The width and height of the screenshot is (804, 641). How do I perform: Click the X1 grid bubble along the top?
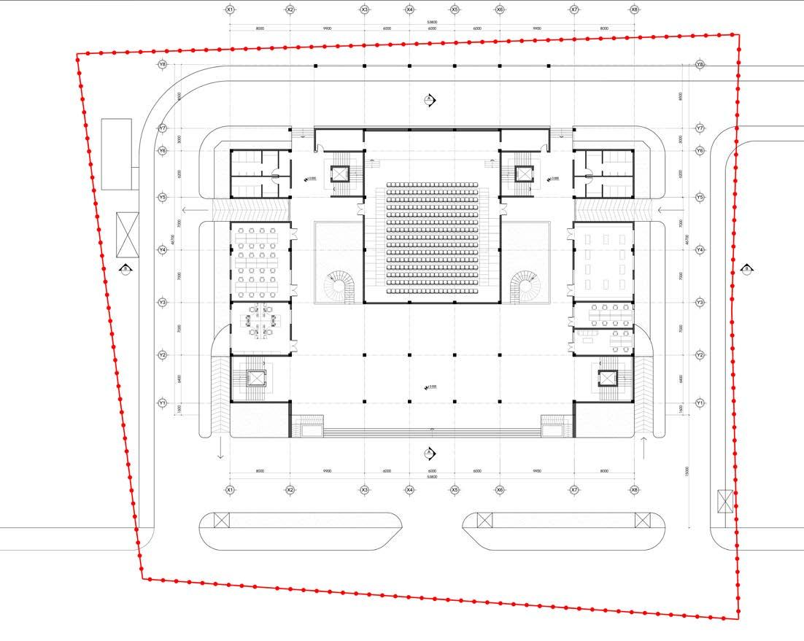(230, 10)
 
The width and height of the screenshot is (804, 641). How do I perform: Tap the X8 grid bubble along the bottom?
(634, 490)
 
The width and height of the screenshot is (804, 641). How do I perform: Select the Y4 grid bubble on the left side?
(163, 250)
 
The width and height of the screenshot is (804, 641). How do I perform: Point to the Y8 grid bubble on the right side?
(700, 65)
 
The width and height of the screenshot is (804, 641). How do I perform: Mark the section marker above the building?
(430, 100)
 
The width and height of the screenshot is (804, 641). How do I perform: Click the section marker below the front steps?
(430, 454)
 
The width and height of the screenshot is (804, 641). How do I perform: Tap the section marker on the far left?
(126, 269)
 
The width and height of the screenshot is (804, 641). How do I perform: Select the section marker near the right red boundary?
(747, 269)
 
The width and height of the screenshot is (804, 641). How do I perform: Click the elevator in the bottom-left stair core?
(256, 378)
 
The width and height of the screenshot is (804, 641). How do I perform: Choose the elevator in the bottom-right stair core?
(608, 378)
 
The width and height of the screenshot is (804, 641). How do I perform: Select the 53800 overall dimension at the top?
(432, 23)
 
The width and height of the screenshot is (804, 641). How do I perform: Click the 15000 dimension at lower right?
(687, 472)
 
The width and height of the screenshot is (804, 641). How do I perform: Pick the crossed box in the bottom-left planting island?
(222, 521)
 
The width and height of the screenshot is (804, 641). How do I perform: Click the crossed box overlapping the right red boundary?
(725, 502)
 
